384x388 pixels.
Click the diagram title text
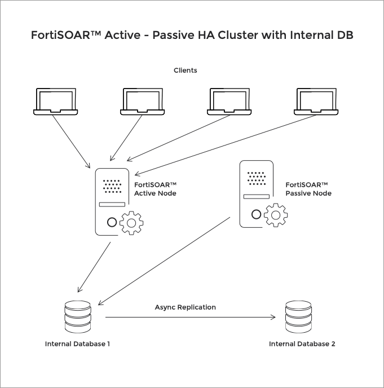192,36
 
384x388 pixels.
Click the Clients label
185,70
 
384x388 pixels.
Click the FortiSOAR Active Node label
155,189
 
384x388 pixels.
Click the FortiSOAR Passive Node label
308,189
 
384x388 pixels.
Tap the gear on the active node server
131,223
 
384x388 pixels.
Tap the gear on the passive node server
276,215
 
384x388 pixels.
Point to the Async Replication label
185,307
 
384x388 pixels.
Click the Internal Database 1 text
77,344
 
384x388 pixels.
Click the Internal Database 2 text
302,344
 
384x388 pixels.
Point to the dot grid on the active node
112,186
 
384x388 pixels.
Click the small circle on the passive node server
257,214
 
